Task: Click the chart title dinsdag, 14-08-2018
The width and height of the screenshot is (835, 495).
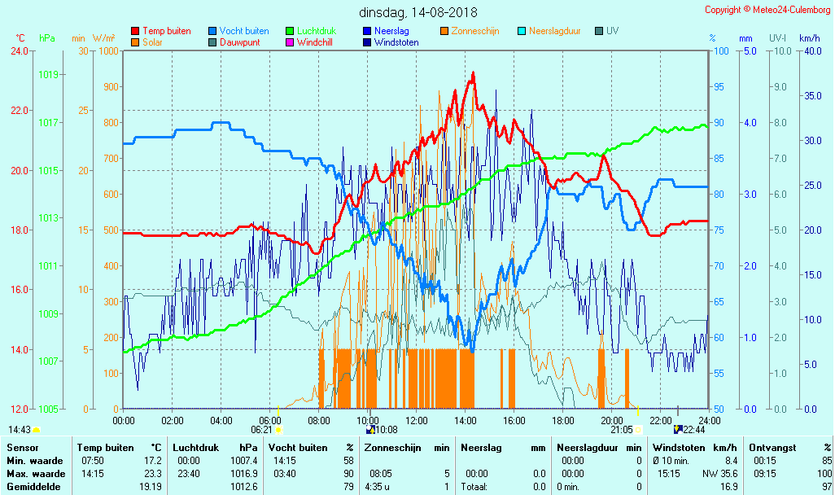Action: [x=418, y=13]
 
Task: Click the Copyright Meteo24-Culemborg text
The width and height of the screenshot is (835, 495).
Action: [x=767, y=10]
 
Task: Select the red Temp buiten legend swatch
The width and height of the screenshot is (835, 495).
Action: [x=135, y=31]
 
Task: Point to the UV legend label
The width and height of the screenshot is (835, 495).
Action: [x=612, y=31]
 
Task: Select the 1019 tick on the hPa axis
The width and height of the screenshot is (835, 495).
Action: [x=48, y=75]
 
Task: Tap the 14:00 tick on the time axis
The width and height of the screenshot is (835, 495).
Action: [x=466, y=420]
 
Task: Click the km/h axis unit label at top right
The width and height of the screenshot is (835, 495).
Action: [x=809, y=38]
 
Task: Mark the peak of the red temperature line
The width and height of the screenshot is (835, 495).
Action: [x=473, y=72]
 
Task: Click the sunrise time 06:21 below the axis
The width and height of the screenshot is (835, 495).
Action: [x=262, y=430]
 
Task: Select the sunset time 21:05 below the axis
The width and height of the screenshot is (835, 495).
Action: [x=621, y=430]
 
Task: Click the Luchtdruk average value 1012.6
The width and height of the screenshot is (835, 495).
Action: [x=244, y=487]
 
